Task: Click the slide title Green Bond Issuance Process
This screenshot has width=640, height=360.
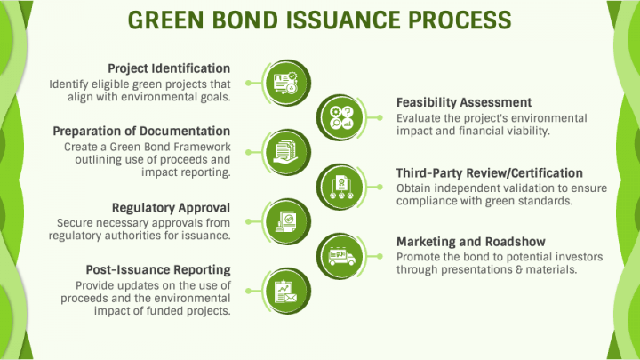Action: click(x=320, y=20)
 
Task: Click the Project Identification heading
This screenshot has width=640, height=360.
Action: click(x=169, y=68)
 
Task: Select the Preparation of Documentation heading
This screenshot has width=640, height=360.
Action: click(x=141, y=132)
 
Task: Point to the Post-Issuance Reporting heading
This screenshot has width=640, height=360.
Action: click(x=158, y=269)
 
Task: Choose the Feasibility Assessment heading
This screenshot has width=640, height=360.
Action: click(x=464, y=102)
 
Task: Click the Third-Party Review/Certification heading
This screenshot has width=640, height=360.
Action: click(x=489, y=172)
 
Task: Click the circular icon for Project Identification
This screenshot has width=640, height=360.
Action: click(x=287, y=78)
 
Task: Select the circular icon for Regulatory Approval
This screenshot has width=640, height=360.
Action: click(x=287, y=219)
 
